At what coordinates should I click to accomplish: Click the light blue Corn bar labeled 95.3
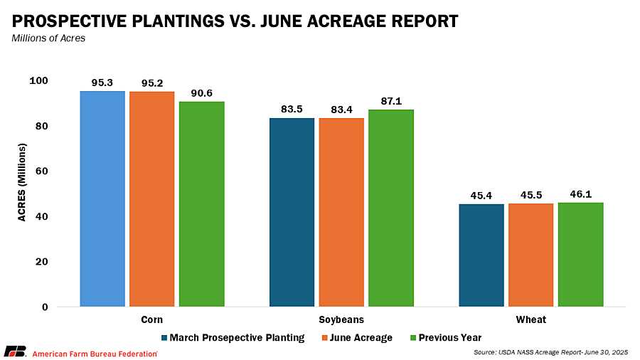click(102, 199)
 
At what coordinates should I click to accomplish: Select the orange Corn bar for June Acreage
click(151, 199)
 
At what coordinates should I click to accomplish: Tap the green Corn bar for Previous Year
click(201, 204)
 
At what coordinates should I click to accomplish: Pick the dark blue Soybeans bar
click(292, 212)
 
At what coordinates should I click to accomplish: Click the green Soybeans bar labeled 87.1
click(390, 208)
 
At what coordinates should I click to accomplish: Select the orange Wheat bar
click(530, 255)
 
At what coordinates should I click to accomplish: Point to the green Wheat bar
click(580, 254)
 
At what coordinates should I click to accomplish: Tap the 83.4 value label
click(341, 110)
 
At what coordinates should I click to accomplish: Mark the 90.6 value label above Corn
click(201, 93)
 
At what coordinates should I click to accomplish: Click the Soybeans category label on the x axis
click(341, 319)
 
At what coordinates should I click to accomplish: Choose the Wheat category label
click(531, 319)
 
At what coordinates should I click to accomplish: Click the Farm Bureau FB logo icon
click(15, 352)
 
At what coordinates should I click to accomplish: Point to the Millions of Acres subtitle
click(48, 38)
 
